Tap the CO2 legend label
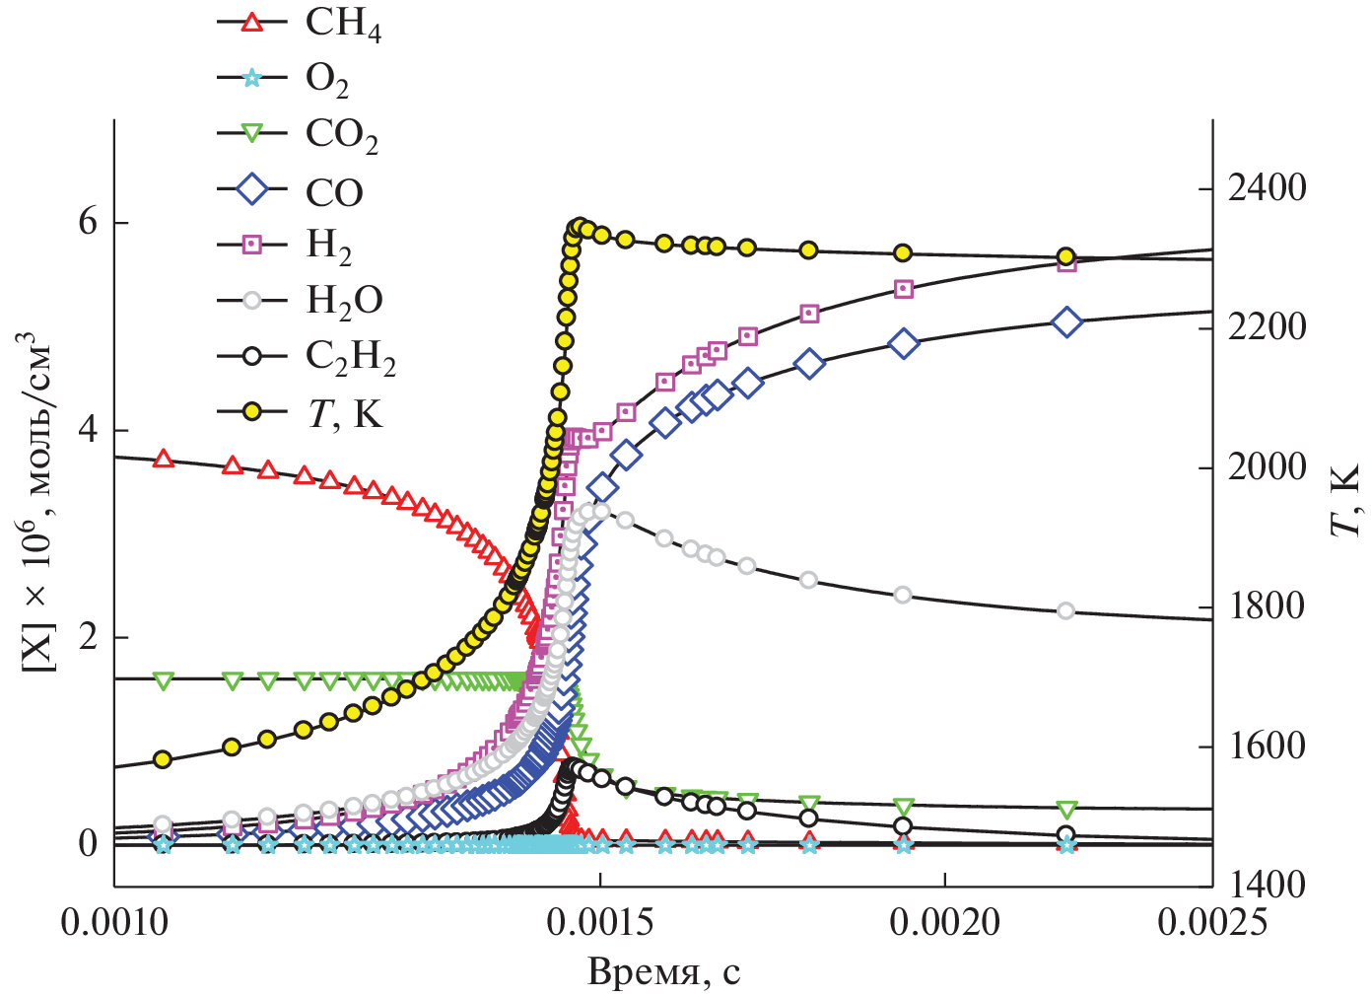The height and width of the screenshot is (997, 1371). click(341, 135)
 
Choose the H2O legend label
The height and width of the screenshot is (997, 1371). click(344, 300)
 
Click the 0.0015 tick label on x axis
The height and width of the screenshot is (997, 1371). click(599, 922)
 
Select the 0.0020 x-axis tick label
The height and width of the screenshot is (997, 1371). click(944, 922)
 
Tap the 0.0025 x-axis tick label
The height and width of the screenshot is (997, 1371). click(1211, 922)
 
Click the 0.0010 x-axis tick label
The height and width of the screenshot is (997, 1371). click(114, 922)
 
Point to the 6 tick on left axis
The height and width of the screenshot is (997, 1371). click(89, 223)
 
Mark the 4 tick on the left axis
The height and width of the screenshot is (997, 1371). click(89, 431)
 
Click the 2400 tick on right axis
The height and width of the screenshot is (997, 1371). click(1267, 187)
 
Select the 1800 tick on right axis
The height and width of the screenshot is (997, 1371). click(1267, 605)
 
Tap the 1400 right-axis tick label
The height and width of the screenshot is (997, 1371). click(1267, 885)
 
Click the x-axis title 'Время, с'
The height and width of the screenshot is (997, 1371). click(663, 972)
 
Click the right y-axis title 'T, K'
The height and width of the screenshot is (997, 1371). click(1344, 501)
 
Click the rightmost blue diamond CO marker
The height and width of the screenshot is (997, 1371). click(1066, 322)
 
